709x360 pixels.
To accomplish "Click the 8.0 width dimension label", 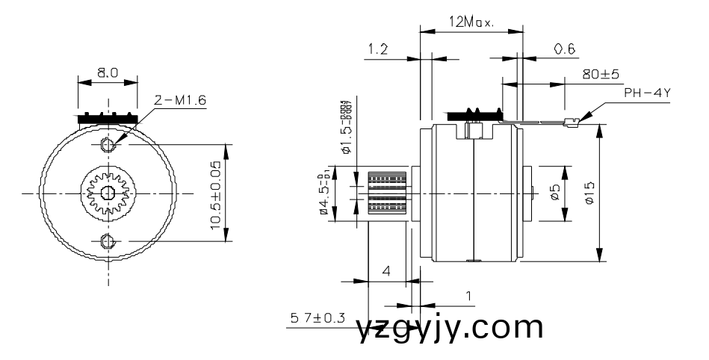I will pos(107,74).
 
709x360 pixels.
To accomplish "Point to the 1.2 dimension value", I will pos(378,49).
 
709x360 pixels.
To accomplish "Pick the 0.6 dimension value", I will pos(564,49).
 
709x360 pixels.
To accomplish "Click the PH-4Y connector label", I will pos(647,93).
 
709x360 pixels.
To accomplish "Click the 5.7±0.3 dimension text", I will pos(317,318).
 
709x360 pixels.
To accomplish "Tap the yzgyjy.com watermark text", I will pos(449,329).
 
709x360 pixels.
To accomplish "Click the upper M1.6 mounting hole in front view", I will pos(107,143).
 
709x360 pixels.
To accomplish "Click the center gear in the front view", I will pos(107,193).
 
